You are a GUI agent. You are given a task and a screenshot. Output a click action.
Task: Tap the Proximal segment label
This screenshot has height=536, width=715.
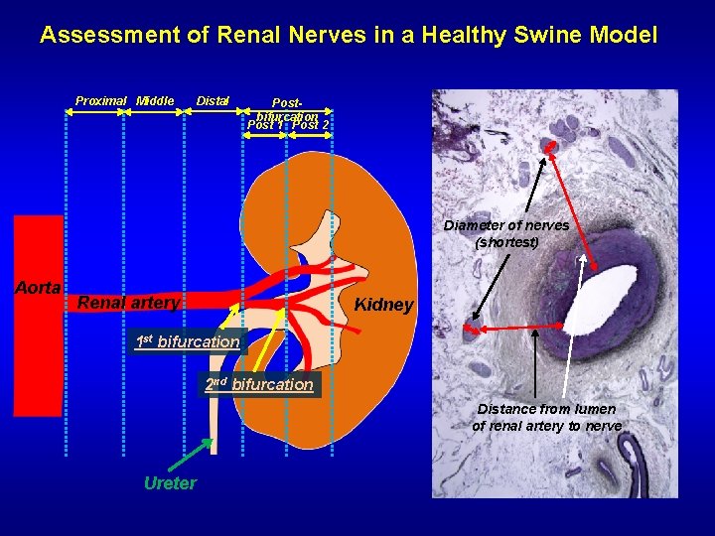pyautogui.click(x=101, y=100)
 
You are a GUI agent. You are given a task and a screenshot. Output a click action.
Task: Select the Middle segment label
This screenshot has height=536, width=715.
pyautogui.click(x=156, y=100)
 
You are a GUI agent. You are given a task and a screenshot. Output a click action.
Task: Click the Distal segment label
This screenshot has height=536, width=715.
pyautogui.click(x=214, y=100)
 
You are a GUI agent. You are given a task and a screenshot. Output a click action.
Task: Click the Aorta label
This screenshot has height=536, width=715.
pyautogui.click(x=39, y=287)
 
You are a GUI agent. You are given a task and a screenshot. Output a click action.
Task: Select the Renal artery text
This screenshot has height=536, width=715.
pyautogui.click(x=128, y=302)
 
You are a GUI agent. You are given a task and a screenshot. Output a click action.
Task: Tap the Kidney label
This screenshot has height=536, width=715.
pyautogui.click(x=383, y=305)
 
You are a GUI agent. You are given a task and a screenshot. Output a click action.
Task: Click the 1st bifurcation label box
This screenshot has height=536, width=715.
pyautogui.click(x=189, y=342)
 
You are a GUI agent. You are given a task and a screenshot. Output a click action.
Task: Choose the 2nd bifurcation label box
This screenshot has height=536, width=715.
pyautogui.click(x=259, y=384)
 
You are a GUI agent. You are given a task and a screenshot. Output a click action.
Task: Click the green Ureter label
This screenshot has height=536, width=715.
pyautogui.click(x=170, y=483)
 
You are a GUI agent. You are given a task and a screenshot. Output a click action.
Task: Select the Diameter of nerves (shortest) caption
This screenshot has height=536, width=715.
pyautogui.click(x=506, y=233)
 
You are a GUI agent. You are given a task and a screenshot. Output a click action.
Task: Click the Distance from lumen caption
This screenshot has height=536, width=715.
pyautogui.click(x=547, y=417)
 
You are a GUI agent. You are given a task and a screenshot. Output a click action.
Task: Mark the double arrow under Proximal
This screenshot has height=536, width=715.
pyautogui.click(x=93, y=113)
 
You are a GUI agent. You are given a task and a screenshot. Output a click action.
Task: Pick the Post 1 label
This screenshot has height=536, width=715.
pyautogui.click(x=265, y=126)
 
